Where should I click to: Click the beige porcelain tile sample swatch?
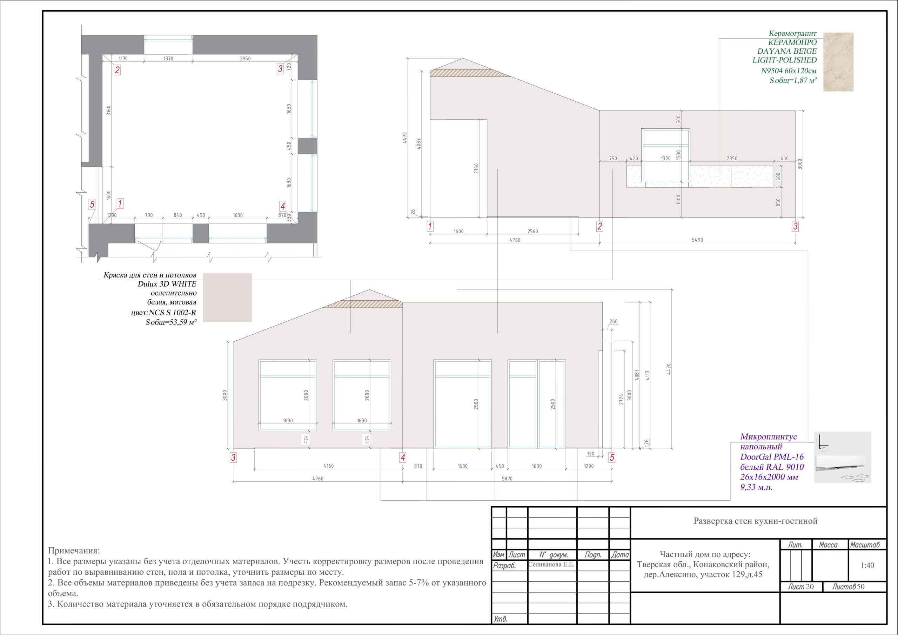838,62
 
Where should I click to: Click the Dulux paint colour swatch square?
227,298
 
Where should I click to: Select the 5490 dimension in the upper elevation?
697,240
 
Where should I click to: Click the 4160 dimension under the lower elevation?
329,466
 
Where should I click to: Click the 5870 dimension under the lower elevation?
507,479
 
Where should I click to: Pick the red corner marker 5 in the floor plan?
92,204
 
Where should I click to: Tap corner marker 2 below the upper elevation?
599,226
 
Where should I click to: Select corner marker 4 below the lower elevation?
402,457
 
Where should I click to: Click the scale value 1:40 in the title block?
867,565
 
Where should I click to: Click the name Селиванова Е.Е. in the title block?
551,565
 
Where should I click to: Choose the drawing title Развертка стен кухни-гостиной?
756,521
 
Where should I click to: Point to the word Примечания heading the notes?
74,551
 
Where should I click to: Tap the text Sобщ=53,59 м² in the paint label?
170,322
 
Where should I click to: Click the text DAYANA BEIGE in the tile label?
787,51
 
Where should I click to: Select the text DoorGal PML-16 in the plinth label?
772,456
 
